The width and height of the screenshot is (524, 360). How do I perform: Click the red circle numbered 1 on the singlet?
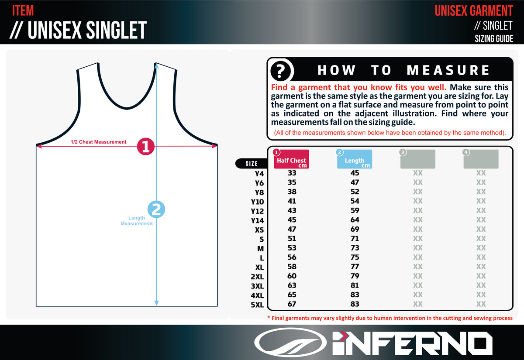click(x=146, y=147)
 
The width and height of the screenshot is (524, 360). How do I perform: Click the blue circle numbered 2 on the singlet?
click(x=157, y=209)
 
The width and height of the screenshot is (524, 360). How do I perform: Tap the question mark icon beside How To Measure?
click(x=282, y=70)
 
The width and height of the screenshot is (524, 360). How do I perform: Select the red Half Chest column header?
click(x=291, y=160)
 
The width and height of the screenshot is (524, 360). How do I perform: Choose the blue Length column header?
click(x=355, y=160)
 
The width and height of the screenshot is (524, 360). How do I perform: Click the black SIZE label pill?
click(x=251, y=164)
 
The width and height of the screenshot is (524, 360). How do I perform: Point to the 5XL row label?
click(x=257, y=305)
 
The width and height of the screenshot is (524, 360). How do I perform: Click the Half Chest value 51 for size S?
click(x=292, y=238)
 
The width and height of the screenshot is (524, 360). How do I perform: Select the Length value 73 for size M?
click(x=355, y=248)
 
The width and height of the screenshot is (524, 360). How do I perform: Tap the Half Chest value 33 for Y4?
click(x=292, y=173)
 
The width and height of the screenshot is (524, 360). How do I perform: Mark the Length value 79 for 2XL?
click(x=355, y=276)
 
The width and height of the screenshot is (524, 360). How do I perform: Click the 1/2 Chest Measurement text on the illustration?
click(x=99, y=142)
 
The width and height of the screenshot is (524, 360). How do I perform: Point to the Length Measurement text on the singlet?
click(x=137, y=221)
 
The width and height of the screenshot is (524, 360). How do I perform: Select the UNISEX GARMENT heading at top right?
click(x=474, y=10)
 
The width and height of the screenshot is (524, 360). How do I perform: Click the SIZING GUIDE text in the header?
click(x=494, y=39)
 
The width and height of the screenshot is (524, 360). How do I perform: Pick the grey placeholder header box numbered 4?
click(x=481, y=159)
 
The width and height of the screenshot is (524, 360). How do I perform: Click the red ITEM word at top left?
click(x=23, y=10)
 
